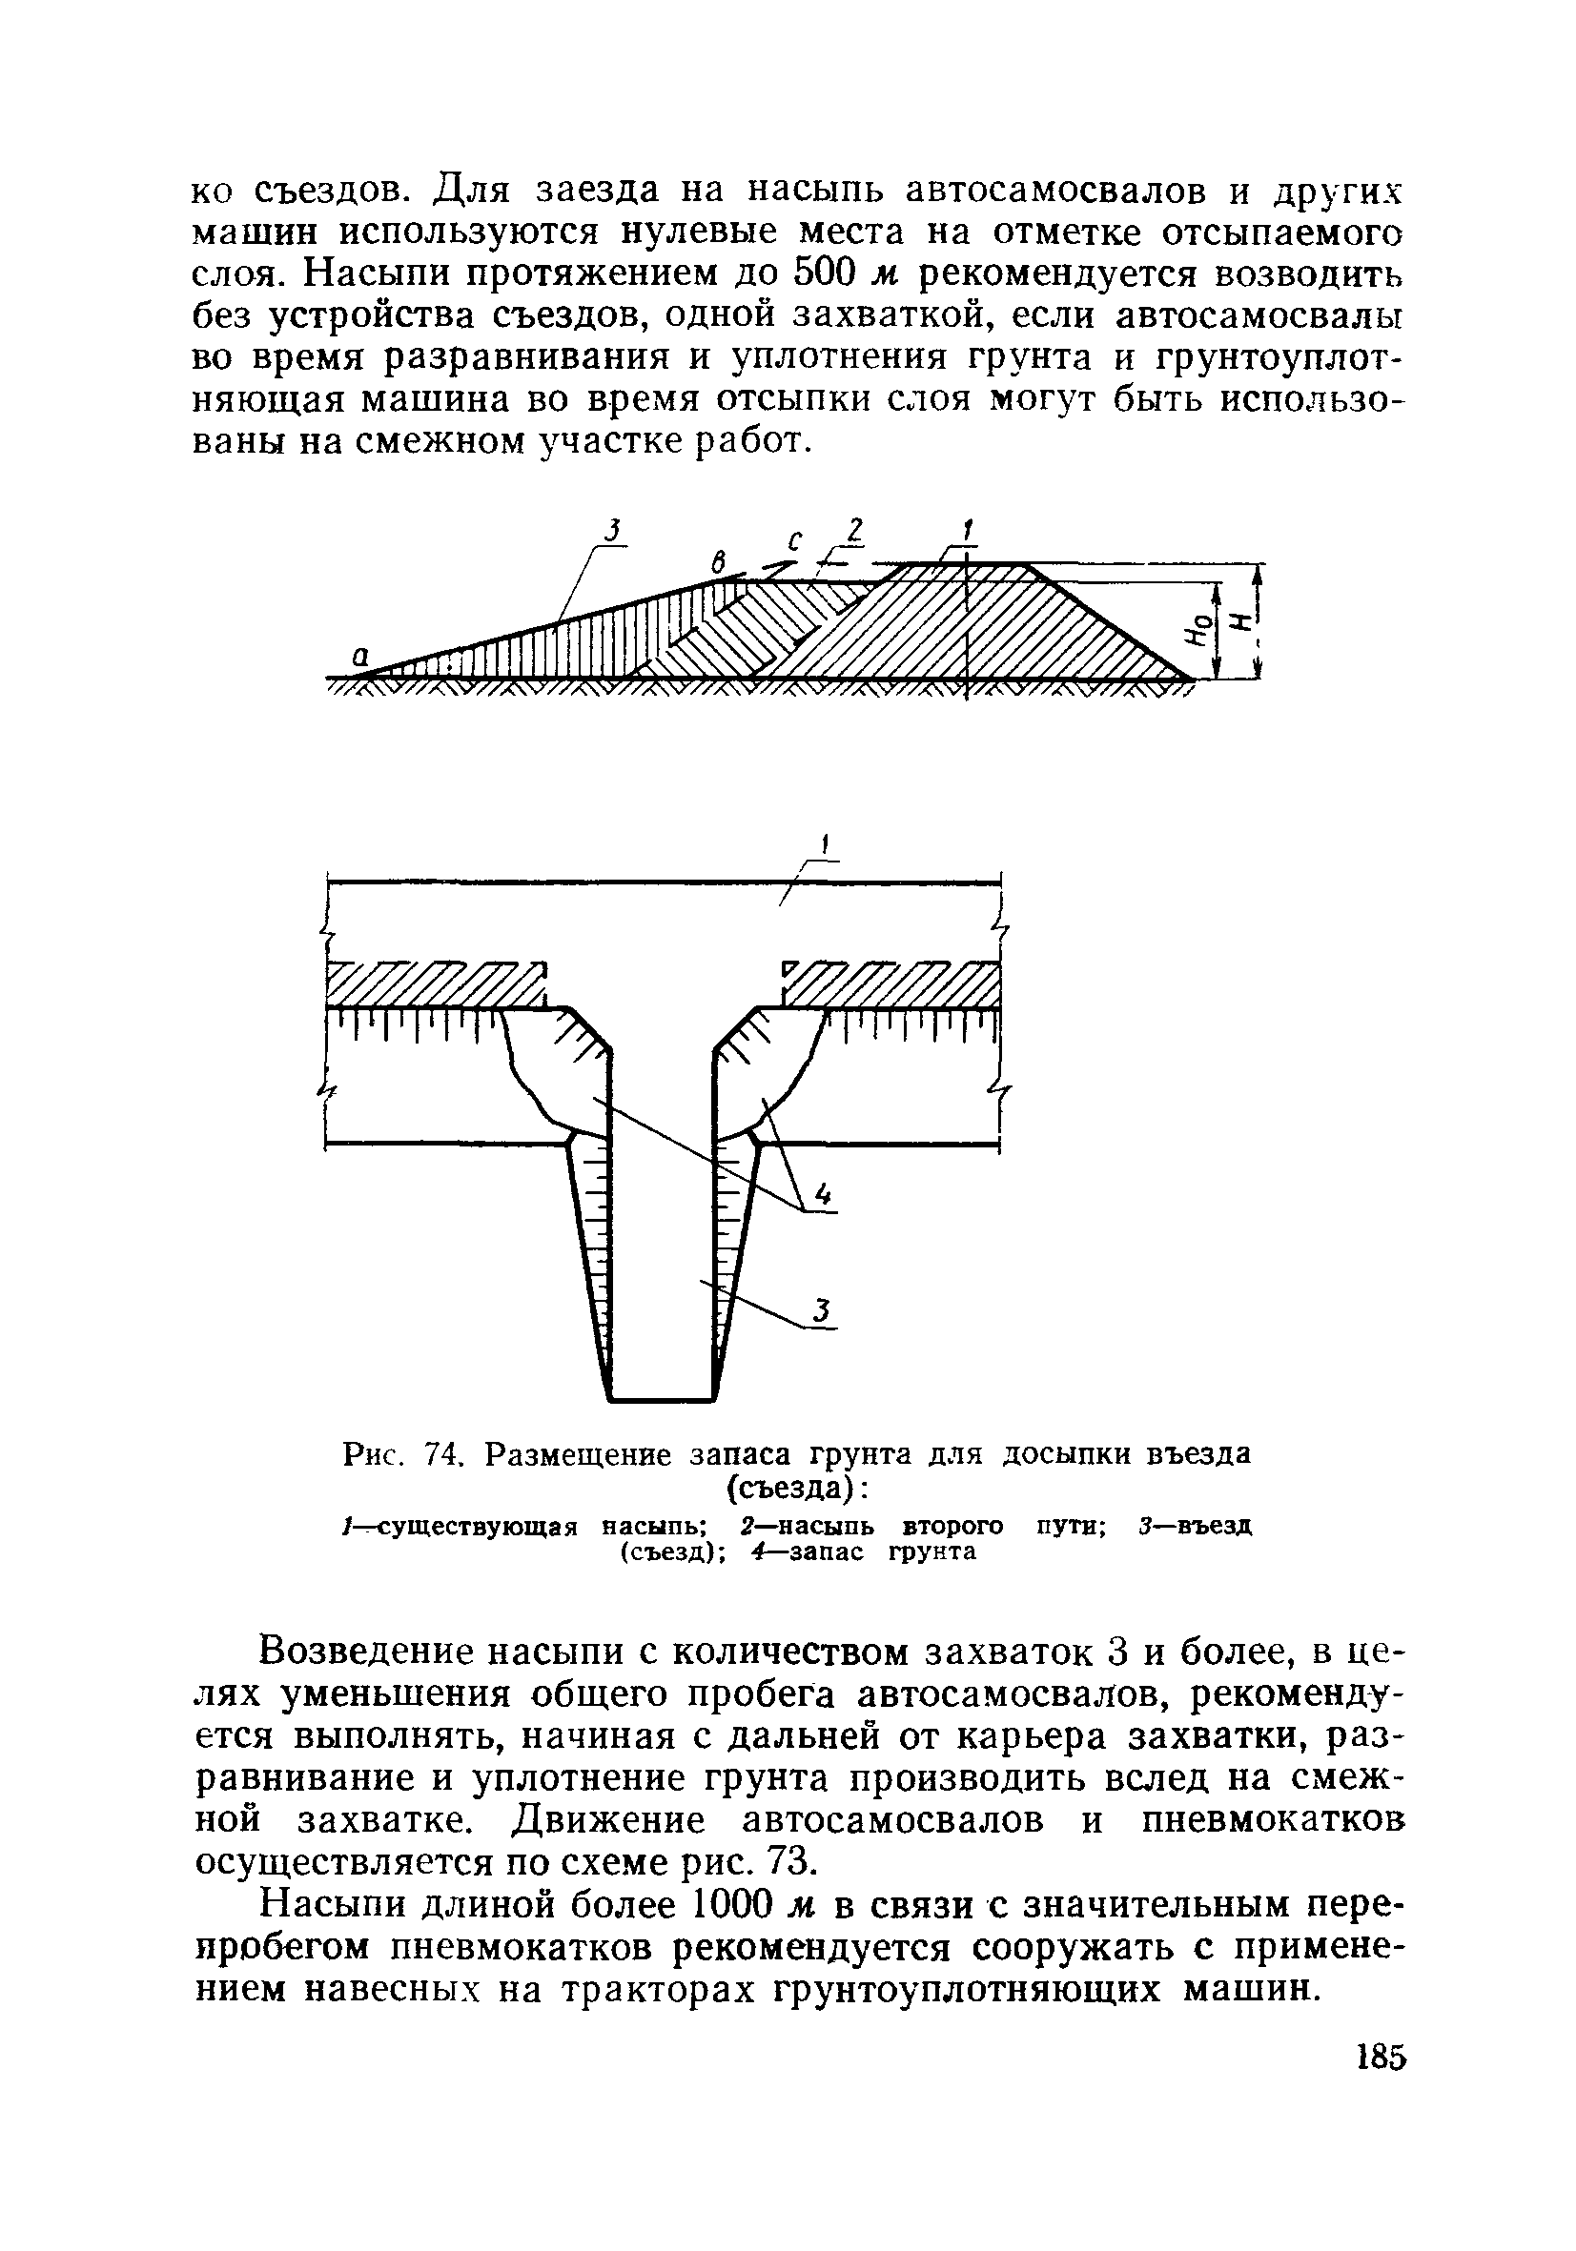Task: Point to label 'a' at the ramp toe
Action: (x=360, y=660)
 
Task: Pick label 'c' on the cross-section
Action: (x=794, y=541)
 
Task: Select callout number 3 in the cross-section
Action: (x=612, y=531)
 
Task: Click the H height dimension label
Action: (x=1239, y=621)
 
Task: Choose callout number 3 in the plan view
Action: (x=823, y=1310)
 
